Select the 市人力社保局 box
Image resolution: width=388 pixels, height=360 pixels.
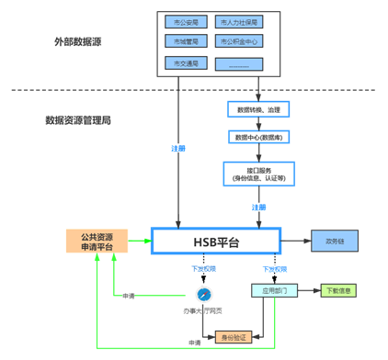click(238, 21)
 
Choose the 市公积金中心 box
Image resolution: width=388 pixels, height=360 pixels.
click(238, 41)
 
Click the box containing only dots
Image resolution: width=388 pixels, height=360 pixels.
click(238, 63)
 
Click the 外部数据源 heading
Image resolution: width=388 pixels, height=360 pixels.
click(76, 41)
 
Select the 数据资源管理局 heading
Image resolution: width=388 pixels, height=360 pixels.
click(78, 120)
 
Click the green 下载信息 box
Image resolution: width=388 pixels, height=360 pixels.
click(339, 290)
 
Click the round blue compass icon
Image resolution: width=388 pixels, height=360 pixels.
click(203, 294)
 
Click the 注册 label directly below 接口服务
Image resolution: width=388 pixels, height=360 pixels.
click(258, 207)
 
